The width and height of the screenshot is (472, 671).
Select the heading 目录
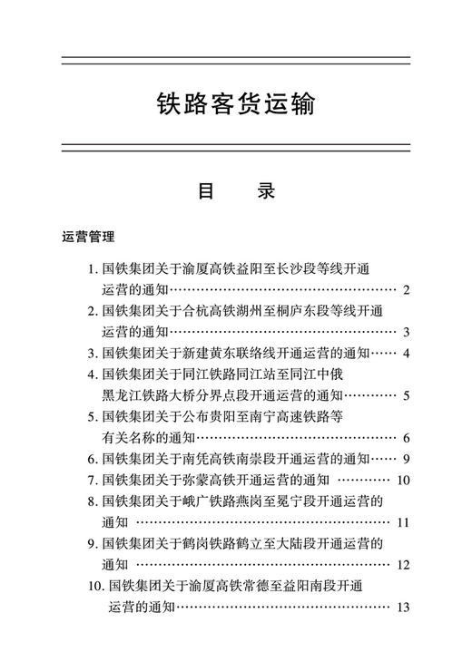click(x=235, y=192)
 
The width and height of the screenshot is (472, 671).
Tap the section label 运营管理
click(x=88, y=238)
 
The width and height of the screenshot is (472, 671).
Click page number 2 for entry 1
click(x=407, y=290)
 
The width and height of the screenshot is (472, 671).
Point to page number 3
click(x=407, y=332)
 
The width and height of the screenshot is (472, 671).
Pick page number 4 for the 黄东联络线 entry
click(x=407, y=353)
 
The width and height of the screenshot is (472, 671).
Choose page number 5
click(x=407, y=395)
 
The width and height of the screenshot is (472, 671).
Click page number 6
click(x=407, y=438)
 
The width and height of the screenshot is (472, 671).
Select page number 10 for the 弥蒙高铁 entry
click(x=404, y=480)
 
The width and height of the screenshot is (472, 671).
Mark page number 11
click(x=404, y=522)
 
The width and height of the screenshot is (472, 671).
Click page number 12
click(x=404, y=565)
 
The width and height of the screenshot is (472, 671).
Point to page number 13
click(x=404, y=607)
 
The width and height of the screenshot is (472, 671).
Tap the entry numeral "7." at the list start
click(x=93, y=480)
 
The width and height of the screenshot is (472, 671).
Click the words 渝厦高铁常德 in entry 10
click(x=223, y=587)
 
